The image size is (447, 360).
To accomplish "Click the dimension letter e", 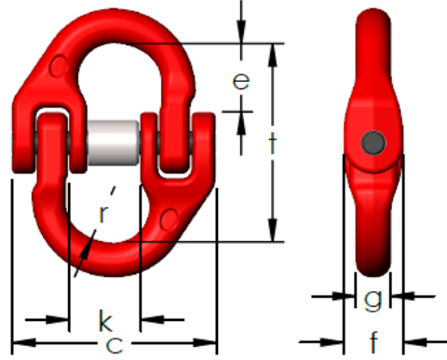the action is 241,81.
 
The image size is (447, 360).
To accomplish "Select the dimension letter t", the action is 272,143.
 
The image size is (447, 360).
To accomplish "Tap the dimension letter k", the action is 105,320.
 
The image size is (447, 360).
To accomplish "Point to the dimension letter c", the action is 115,344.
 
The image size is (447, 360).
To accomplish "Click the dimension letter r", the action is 103,213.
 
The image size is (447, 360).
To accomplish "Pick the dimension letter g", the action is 372,299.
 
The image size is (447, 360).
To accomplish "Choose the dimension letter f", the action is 374,341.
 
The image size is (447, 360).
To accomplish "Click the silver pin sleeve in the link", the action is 114,142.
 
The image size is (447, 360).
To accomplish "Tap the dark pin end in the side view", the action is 373,142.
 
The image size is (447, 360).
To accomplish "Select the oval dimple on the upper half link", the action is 59,66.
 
